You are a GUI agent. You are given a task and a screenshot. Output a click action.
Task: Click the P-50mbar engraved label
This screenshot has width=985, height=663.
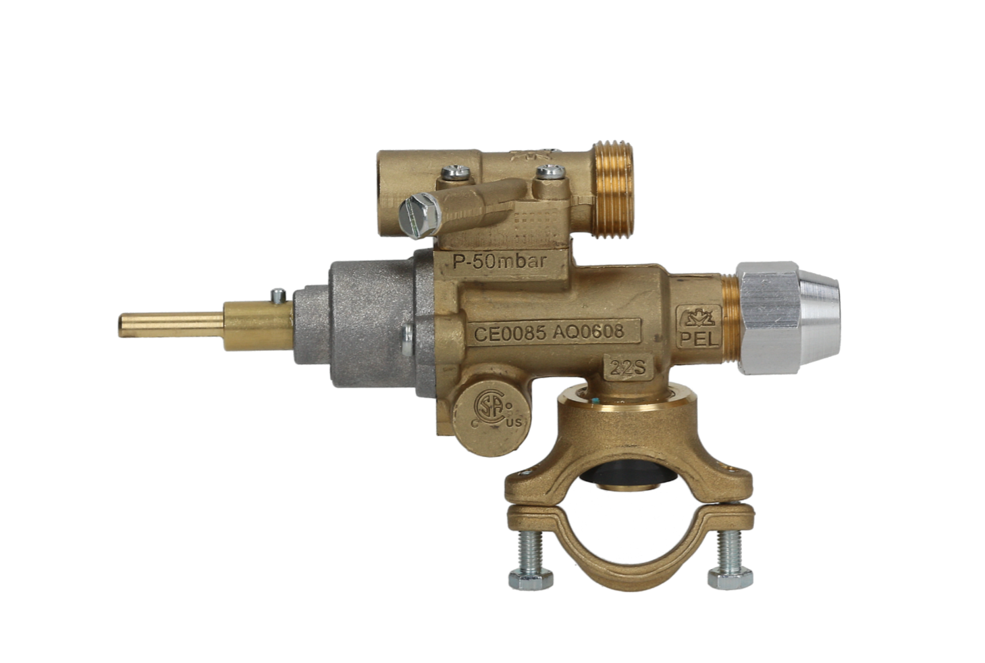499,262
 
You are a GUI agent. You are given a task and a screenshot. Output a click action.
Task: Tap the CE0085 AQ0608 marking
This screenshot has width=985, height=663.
548,332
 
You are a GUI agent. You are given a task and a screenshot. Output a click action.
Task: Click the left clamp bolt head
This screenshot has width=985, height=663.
530,579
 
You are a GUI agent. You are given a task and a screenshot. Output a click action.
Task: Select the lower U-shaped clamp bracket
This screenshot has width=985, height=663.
628,541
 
